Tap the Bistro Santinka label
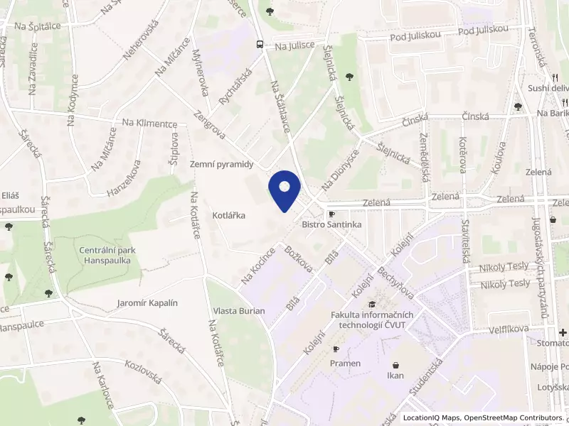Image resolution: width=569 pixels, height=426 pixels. coord(331,224)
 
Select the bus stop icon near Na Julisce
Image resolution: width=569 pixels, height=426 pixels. coord(260,44)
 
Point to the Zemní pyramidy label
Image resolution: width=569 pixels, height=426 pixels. coord(222,163)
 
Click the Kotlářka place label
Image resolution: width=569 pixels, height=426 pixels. coord(229,214)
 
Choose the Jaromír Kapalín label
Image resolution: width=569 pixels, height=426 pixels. coord(147,303)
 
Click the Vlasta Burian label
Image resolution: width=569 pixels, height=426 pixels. coord(238,311)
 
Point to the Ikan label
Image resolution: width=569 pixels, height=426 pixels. coord(395,376)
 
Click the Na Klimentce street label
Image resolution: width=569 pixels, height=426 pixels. coord(149,124)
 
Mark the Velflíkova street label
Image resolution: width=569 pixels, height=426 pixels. coord(510,330)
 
